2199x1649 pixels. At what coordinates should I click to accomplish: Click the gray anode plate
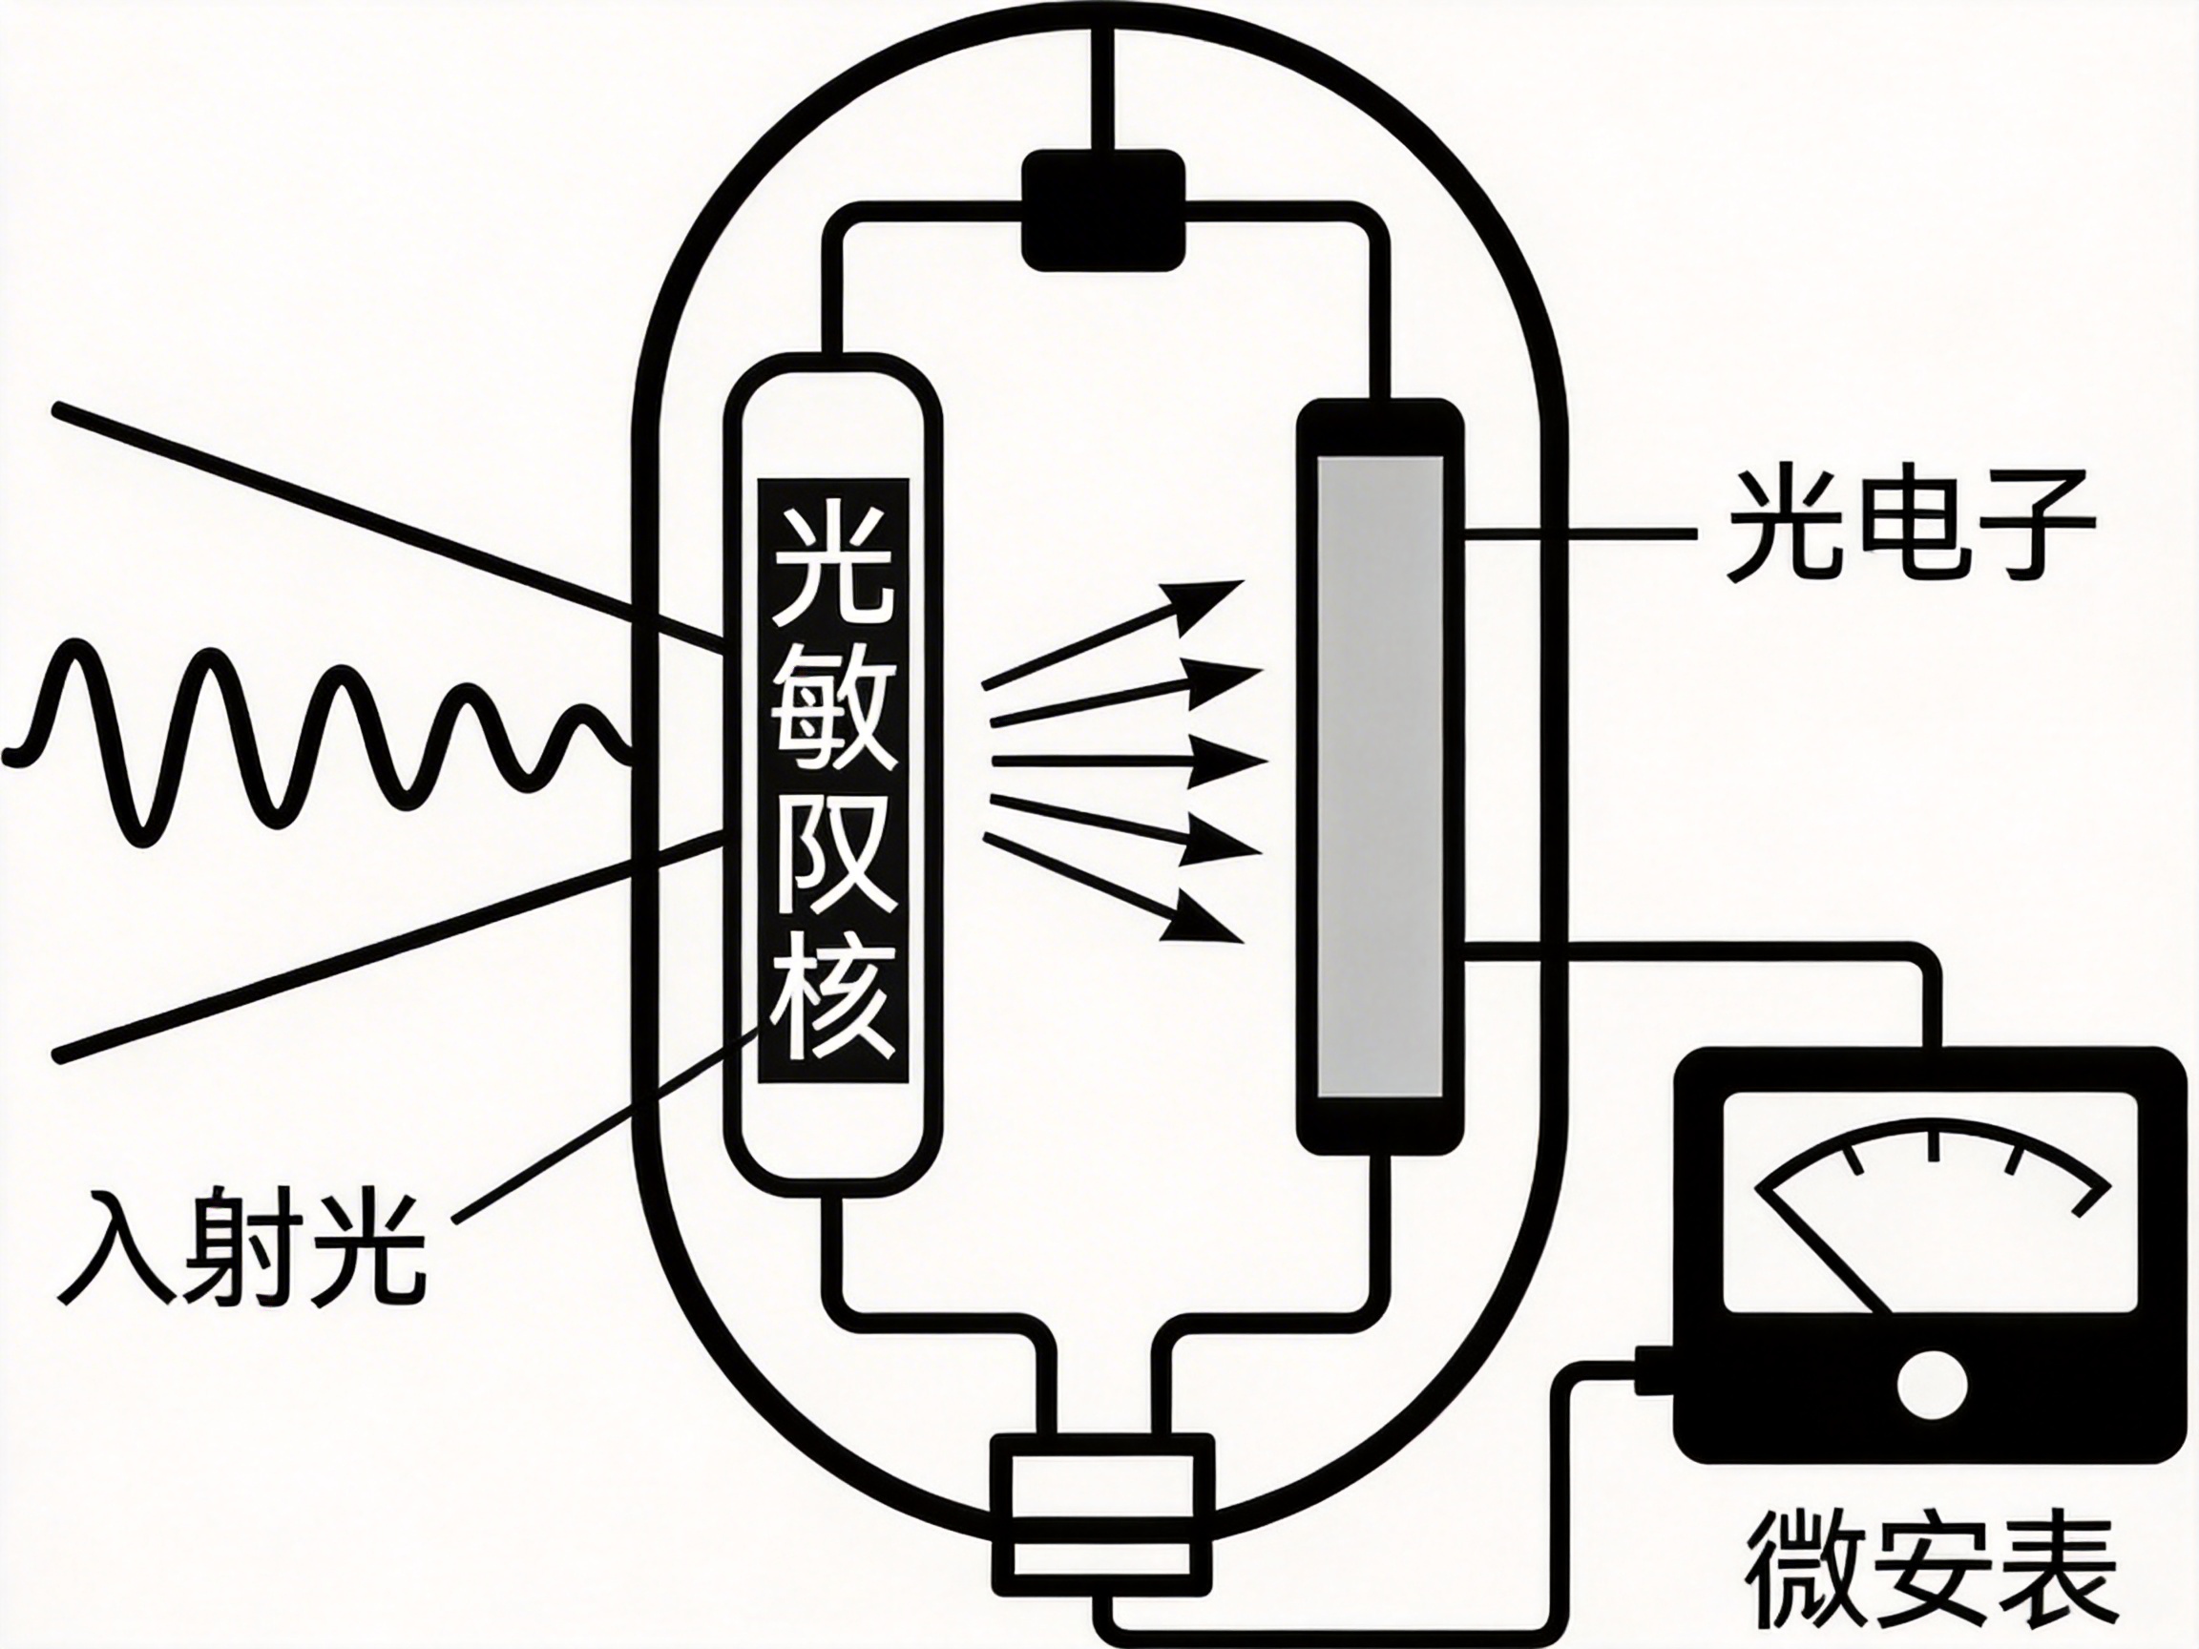click(x=1380, y=776)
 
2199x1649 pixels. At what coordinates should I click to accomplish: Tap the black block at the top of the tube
click(x=1103, y=211)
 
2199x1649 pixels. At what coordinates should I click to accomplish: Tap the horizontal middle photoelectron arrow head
click(x=1233, y=762)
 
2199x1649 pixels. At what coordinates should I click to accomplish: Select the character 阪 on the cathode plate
click(x=833, y=857)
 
